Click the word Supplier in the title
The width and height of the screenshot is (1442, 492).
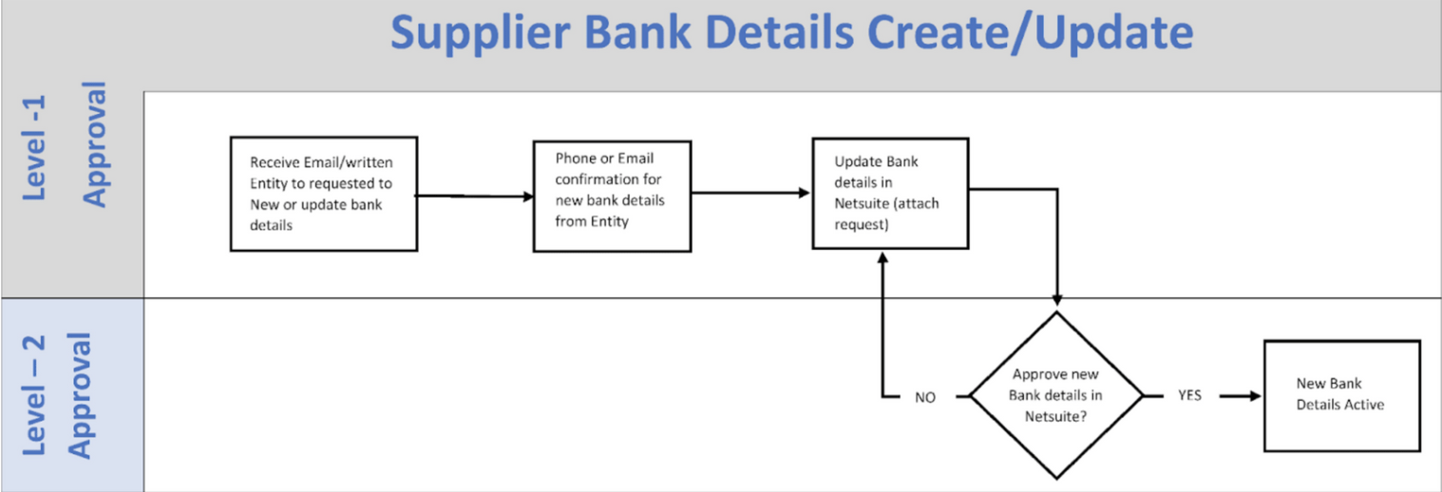pos(481,33)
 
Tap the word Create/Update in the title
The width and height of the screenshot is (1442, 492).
pos(1030,33)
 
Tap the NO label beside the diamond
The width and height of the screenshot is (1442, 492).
pos(925,397)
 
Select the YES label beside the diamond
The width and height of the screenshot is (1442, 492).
pos(1189,395)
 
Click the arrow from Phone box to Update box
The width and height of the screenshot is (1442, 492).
pos(750,193)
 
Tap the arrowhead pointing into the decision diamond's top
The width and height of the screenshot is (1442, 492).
pos(1057,300)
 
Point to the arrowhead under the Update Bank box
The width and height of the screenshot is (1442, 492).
pos(882,257)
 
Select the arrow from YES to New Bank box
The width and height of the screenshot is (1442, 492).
pos(1241,396)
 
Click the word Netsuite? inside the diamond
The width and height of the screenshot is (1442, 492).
pos(1055,417)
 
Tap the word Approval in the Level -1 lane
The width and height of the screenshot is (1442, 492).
pos(95,144)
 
